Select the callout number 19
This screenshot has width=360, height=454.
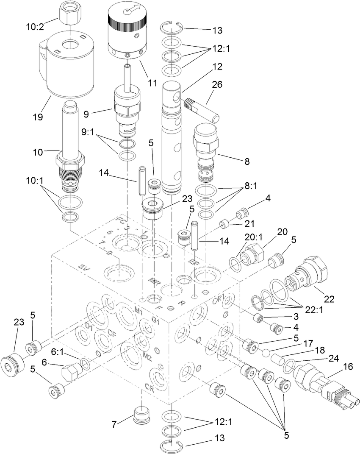click(38, 117)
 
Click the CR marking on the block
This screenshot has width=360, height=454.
click(149, 387)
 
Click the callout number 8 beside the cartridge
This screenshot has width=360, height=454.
click(247, 162)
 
